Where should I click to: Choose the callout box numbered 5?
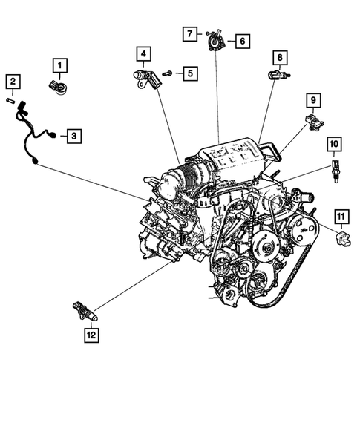tap(190, 73)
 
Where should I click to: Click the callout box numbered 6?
tap(242, 41)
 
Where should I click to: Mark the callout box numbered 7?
tap(191, 33)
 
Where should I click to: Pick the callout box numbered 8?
tap(279, 57)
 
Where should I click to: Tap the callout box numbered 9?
tap(313, 100)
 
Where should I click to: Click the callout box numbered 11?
tap(341, 216)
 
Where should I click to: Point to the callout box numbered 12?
tap(91, 335)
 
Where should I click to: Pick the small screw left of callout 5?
tap(168, 73)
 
